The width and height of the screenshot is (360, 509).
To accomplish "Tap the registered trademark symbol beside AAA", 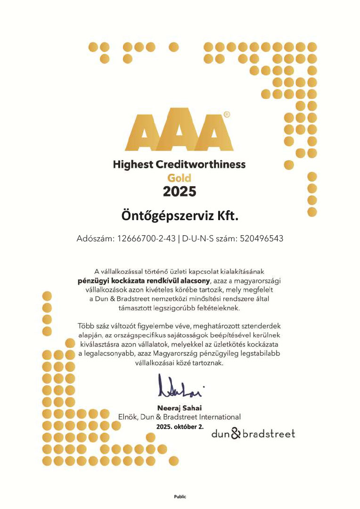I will [x=227, y=115].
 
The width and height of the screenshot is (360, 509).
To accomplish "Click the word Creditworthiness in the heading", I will [x=206, y=164].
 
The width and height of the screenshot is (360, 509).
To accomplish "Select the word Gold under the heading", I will [x=179, y=178].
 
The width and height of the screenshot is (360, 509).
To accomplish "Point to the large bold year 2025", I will [x=179, y=191].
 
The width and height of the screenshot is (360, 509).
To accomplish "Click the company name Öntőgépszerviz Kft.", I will [x=180, y=216].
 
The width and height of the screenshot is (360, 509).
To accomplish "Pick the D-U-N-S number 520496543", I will [x=262, y=238].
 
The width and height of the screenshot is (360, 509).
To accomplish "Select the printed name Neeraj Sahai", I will [x=179, y=408].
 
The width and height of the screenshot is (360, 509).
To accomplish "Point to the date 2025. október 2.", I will [x=180, y=426].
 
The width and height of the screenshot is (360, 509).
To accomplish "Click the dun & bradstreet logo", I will [x=253, y=433].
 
